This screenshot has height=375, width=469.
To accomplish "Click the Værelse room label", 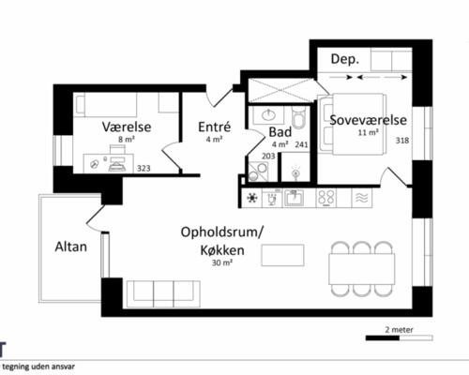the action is tap(127, 127).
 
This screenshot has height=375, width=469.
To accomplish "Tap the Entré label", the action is tap(215, 127).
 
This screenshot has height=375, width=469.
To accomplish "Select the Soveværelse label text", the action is tap(369, 120).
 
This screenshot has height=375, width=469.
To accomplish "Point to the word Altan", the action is tap(71, 247).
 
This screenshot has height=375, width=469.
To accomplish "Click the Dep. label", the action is tap(345, 59).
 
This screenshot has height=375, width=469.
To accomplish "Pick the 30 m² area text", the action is tap(222, 262).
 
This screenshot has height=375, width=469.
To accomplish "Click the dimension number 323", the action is tap(144, 169).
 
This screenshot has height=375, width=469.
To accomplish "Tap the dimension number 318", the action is tap(402, 141).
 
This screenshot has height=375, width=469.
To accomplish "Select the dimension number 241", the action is tap(301, 144).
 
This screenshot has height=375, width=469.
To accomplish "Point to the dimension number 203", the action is tap(268, 156).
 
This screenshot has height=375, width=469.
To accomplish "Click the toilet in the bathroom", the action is tap(298, 117).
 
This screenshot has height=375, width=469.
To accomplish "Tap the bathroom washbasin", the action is tap(268, 115).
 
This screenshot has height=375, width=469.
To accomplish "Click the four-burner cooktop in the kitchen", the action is tap(326, 198).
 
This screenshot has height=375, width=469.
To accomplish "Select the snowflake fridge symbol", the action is tap(252, 198).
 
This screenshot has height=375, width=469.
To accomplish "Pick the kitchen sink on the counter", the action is tap(294, 198).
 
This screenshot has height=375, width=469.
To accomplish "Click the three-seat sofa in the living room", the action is tap(163, 293).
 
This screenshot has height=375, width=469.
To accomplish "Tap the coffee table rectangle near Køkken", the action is tap(282, 255).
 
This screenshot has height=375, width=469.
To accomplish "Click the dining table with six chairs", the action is tap(362, 269).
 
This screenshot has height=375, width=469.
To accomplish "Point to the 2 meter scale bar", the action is tap(400, 337).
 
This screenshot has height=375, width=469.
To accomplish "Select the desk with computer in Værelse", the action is tap(109, 163).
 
